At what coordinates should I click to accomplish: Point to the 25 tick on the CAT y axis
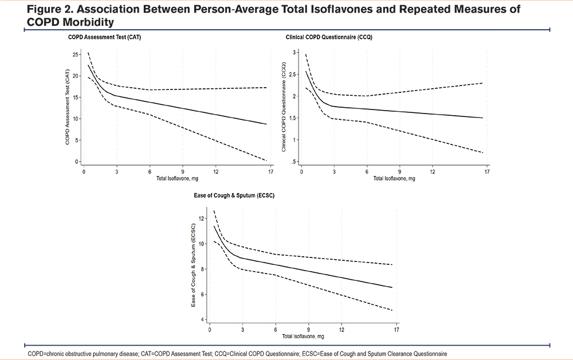click(x=76, y=54)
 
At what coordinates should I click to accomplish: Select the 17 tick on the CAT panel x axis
click(x=269, y=172)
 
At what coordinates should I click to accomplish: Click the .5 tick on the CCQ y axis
click(x=293, y=162)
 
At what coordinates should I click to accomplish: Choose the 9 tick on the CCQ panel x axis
click(x=399, y=172)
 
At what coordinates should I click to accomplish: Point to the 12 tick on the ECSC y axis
click(x=201, y=218)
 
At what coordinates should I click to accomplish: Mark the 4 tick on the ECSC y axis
click(x=203, y=319)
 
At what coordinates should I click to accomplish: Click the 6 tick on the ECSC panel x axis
click(x=276, y=330)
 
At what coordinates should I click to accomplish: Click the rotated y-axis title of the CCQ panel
click(x=283, y=108)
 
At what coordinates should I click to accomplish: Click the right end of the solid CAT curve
click(x=266, y=124)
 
